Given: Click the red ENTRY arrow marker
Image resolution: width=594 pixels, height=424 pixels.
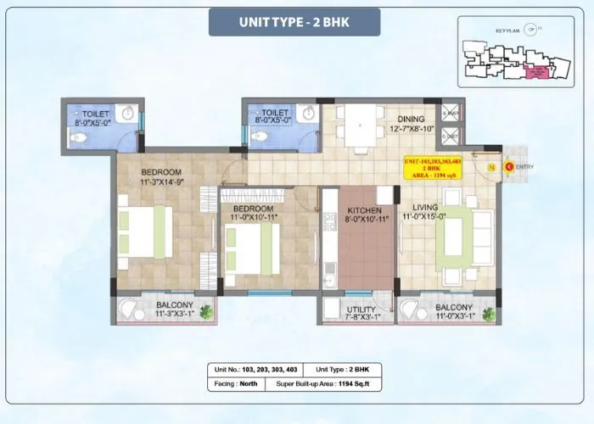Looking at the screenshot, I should click(x=508, y=166).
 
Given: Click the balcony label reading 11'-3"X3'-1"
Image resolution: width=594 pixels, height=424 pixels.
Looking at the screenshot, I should click(x=174, y=310).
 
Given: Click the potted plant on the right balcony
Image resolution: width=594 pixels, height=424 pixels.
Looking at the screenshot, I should click(x=489, y=314).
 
